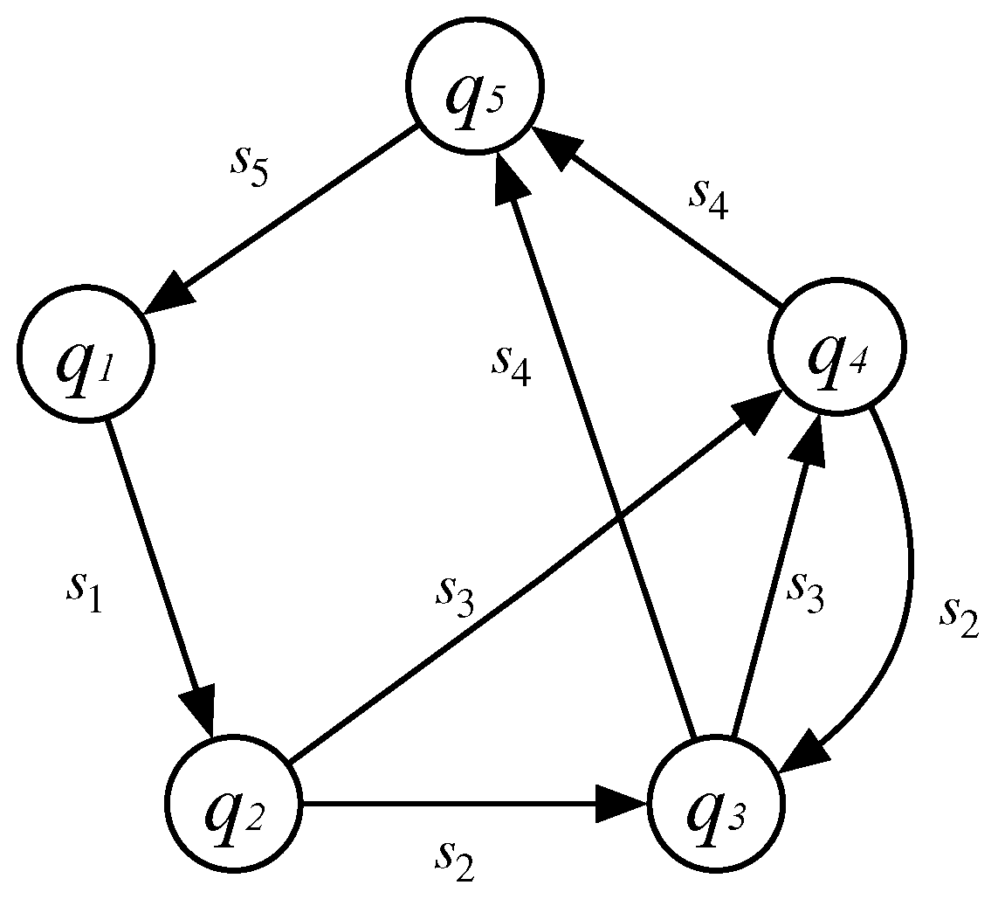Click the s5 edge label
point(248,165)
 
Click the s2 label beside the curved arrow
point(960,617)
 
